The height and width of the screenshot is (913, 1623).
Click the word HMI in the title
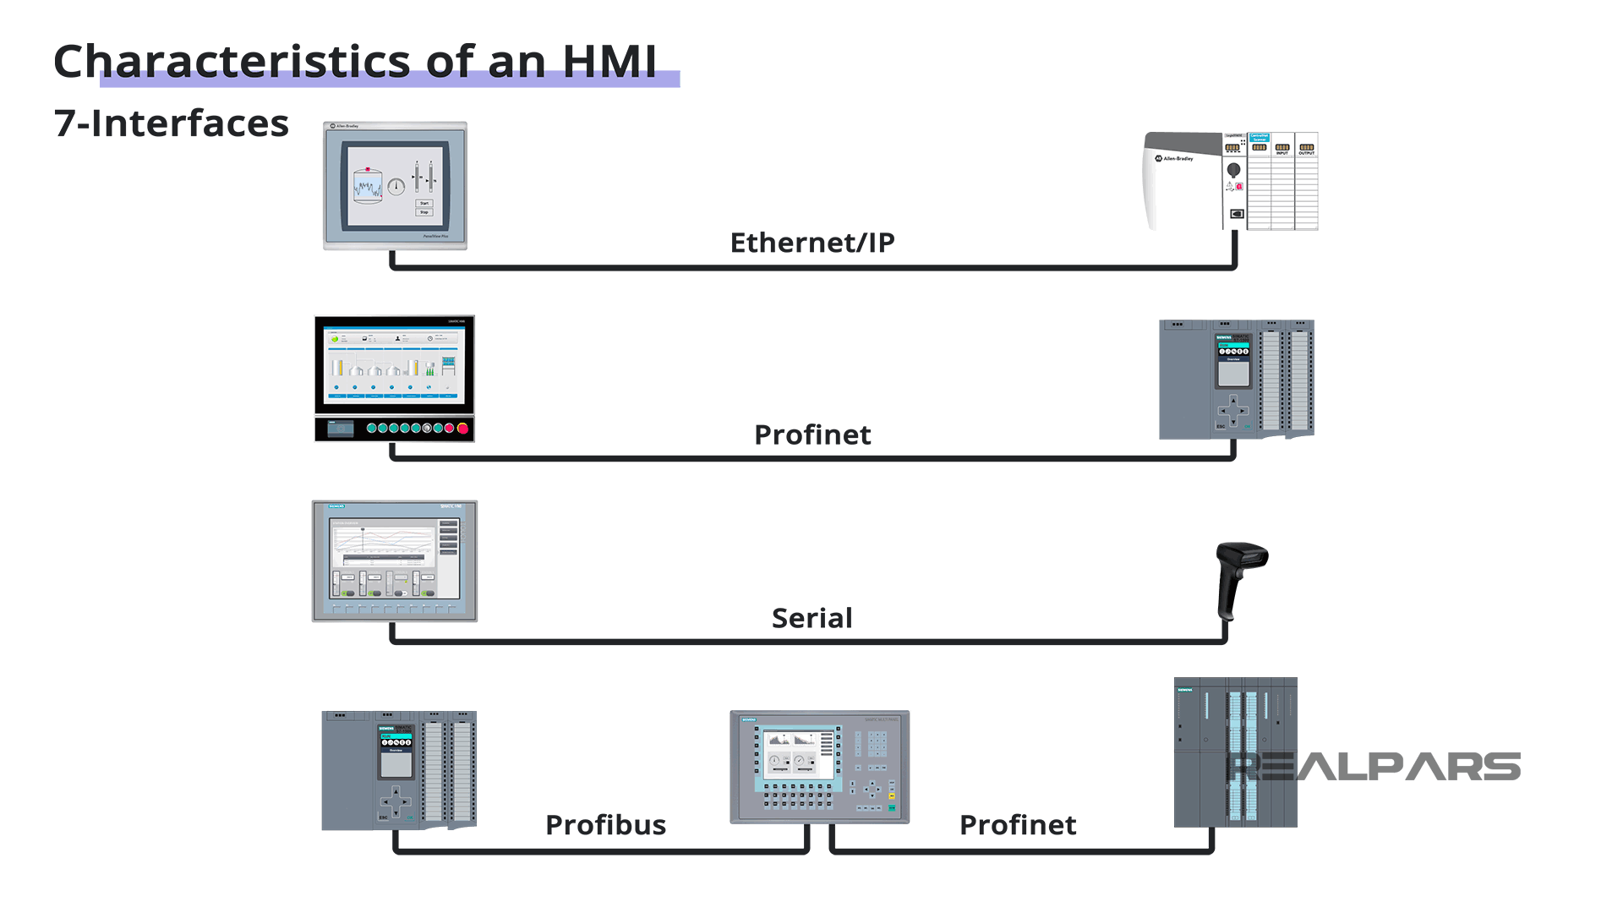point(609,62)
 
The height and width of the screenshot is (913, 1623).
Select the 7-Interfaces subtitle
point(171,123)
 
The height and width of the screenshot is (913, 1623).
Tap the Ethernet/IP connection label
point(811,243)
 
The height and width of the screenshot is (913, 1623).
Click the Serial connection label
point(811,618)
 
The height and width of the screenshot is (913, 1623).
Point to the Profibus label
point(605,825)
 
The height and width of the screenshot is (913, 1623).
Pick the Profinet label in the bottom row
point(1018,825)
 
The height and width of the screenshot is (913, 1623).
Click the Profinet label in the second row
point(811,435)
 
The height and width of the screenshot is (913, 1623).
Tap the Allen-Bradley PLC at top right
point(1231,181)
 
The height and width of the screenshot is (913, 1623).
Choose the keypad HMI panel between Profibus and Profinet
point(819,767)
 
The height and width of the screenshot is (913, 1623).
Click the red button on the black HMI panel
point(462,429)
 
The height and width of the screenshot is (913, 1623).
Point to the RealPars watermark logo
point(1374,767)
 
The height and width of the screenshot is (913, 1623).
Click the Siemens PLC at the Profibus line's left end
point(399,770)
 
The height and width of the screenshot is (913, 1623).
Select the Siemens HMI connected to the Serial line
point(395,561)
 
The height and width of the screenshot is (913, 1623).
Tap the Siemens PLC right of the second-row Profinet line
point(1236,379)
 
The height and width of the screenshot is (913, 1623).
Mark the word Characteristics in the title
point(232,62)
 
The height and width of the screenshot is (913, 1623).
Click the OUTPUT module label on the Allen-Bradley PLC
point(1307,153)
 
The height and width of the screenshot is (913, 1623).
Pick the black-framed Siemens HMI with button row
point(395,378)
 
